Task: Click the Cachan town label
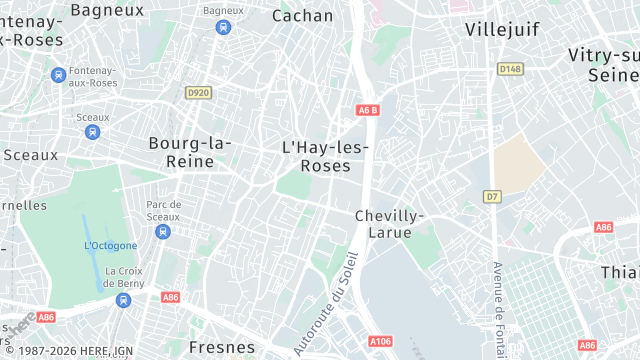click(302, 15)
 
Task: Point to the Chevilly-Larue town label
click(390, 224)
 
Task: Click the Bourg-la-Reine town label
click(189, 152)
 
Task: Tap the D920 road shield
click(198, 93)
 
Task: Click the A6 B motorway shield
click(367, 111)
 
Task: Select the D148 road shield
click(510, 69)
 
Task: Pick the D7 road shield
click(492, 197)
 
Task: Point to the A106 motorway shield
click(380, 342)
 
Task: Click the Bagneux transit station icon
click(217, 28)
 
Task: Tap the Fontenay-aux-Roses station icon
click(59, 74)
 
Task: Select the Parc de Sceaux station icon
click(163, 232)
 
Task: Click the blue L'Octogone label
click(111, 245)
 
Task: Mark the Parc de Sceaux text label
click(163, 211)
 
